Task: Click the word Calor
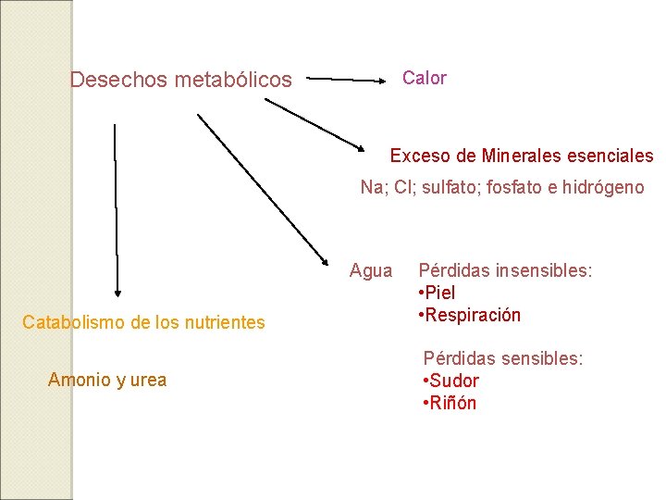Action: [x=424, y=79]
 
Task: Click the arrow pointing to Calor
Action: [x=348, y=81]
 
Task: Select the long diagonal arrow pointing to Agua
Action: [x=265, y=189]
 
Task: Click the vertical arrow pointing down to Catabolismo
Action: [x=117, y=209]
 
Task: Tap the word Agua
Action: [x=371, y=270]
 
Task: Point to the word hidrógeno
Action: [x=601, y=188]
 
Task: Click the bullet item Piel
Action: [x=439, y=293]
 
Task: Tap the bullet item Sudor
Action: [x=452, y=381]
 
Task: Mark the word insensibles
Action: [x=544, y=270]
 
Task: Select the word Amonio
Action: [x=79, y=380]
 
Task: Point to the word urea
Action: [x=148, y=380]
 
